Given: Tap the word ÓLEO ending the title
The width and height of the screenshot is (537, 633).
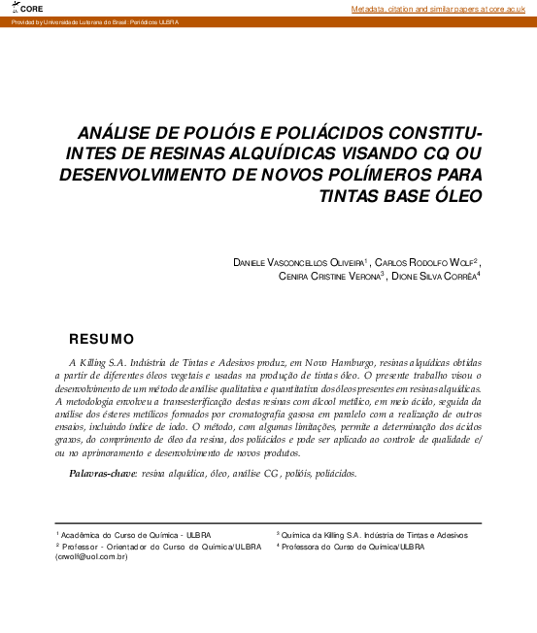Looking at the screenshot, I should coord(453,195).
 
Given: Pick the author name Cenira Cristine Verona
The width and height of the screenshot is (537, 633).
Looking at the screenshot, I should coord(320,276).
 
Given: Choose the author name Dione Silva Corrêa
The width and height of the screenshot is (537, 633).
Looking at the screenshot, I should coord(437,276).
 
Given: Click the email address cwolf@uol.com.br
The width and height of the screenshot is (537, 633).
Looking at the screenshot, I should coord(92,557).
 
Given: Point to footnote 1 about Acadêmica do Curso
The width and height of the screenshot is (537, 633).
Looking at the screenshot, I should coord(133,534).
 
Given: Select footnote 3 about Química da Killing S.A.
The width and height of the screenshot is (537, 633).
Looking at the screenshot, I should coord(371,534).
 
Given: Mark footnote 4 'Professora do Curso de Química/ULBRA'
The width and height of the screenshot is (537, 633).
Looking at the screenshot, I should coord(352,546).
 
